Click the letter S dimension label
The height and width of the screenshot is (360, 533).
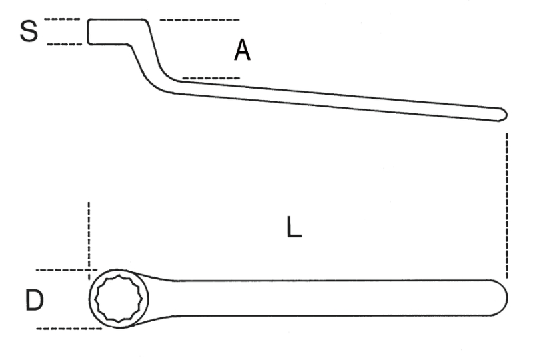click(x=28, y=31)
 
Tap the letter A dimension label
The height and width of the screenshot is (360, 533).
click(x=242, y=50)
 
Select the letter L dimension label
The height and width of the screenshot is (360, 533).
click(x=294, y=228)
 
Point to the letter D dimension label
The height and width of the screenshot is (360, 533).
click(x=35, y=301)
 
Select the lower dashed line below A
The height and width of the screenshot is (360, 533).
click(x=211, y=78)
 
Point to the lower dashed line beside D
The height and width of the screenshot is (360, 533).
click(x=64, y=328)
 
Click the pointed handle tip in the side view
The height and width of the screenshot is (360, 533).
click(x=502, y=115)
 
